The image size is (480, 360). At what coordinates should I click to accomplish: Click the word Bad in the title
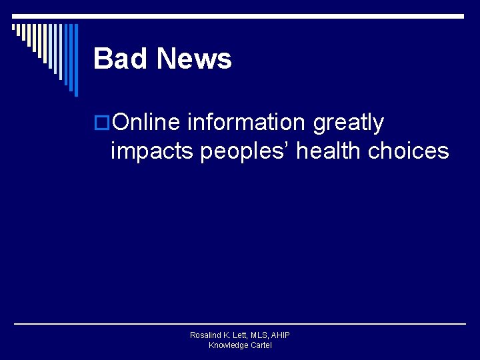(117, 59)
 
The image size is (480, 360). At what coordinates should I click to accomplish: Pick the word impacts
(152, 151)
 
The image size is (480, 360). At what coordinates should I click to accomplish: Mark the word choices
(409, 151)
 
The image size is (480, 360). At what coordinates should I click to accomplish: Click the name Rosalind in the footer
(206, 335)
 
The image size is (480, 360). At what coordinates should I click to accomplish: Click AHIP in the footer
(281, 335)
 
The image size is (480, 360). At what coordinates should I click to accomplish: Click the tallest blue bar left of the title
(75, 60)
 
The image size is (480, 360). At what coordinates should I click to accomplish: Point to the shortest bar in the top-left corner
(13, 28)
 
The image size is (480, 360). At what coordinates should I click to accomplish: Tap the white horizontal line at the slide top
(267, 15)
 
